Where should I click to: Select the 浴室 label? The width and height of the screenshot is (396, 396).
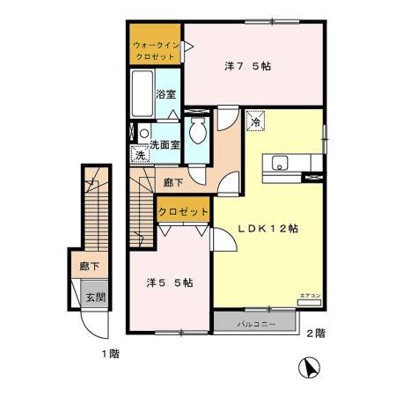[x=165, y=94]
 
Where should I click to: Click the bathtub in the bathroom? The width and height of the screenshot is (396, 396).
[x=142, y=94]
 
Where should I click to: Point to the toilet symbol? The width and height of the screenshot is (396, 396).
[x=200, y=135]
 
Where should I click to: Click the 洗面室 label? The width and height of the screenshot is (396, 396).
[x=165, y=144]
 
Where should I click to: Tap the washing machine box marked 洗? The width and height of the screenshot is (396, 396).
[x=141, y=157]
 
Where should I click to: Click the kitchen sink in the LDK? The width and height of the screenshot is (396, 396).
[x=281, y=163]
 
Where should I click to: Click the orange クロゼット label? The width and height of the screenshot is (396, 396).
[x=183, y=211]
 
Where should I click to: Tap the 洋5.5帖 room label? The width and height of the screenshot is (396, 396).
[x=170, y=282]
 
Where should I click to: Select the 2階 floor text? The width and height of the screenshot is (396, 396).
[x=315, y=334]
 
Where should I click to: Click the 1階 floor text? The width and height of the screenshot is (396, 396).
[x=109, y=354]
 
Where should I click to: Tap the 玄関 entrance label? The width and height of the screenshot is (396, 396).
[x=95, y=297]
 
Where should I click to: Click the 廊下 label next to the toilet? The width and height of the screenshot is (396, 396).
[x=173, y=182]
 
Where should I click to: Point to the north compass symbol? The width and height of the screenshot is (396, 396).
[x=308, y=368]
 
